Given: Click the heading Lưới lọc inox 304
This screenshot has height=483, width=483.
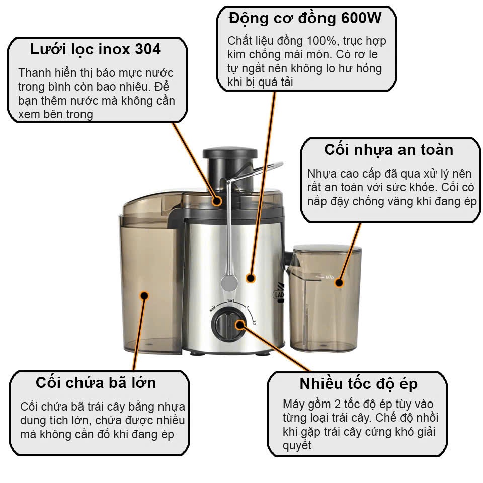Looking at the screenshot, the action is pyautogui.click(x=96, y=50).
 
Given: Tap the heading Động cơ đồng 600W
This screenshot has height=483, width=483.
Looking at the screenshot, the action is pyautogui.click(x=305, y=19).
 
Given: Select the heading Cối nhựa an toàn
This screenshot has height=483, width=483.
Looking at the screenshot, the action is pyautogui.click(x=389, y=150).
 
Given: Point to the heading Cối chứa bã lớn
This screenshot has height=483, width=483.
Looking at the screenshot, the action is pyautogui.click(x=96, y=383).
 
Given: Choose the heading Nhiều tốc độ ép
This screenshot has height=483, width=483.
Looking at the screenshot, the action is pyautogui.click(x=359, y=384).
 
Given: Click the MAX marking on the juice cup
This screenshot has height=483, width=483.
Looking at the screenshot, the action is pyautogui.click(x=330, y=277).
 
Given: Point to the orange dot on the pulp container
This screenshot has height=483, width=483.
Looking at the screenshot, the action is pyautogui.click(x=144, y=296).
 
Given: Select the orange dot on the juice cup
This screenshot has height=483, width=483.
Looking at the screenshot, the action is pyautogui.click(x=339, y=282).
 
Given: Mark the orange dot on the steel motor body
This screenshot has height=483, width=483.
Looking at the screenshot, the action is pyautogui.click(x=251, y=278).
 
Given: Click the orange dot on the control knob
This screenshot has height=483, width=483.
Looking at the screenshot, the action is pyautogui.click(x=239, y=325).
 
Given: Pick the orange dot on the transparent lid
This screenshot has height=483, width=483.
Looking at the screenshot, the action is pyautogui.click(x=217, y=201).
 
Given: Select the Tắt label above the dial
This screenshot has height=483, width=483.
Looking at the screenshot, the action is pyautogui.click(x=230, y=301).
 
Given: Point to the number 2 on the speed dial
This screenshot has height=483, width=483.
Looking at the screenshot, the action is pyautogui.click(x=254, y=324).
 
